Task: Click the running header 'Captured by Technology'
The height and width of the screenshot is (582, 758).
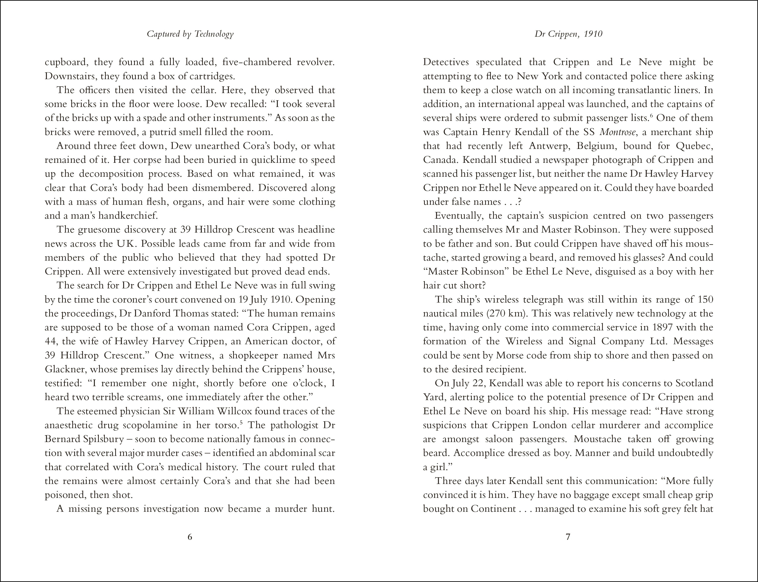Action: point(190,34)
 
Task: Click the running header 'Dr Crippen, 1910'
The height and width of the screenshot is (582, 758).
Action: point(568,34)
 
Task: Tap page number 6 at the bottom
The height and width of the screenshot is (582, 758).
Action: point(190,537)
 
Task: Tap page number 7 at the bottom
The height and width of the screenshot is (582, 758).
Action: point(568,537)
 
